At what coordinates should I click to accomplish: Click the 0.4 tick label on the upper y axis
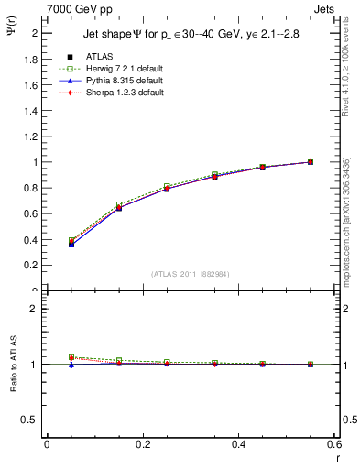click(30, 240)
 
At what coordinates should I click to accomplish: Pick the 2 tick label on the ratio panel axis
click(35, 309)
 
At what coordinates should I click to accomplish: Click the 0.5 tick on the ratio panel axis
click(30, 420)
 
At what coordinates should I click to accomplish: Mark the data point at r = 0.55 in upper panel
click(311, 162)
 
